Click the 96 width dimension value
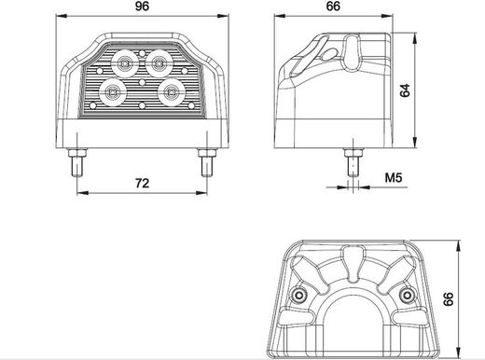pos(142,7)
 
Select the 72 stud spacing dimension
pos(142,184)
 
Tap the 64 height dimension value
pos(405,90)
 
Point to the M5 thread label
pos(394,178)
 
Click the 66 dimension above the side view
pos(333,7)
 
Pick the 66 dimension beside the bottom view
pos(448,299)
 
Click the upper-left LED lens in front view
pos(125,63)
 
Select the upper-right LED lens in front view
pos(159,63)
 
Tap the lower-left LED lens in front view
pos(112,92)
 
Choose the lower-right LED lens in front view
pos(171,92)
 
